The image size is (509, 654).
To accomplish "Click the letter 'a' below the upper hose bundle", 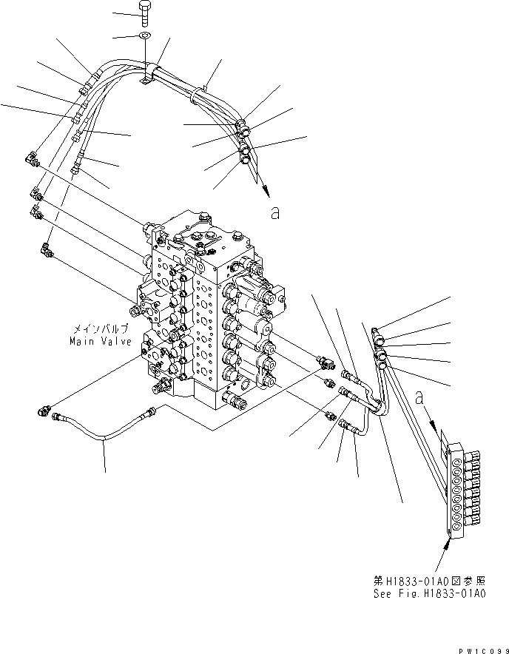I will [x=275, y=213].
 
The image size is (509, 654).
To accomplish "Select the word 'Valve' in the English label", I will [x=115, y=342].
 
